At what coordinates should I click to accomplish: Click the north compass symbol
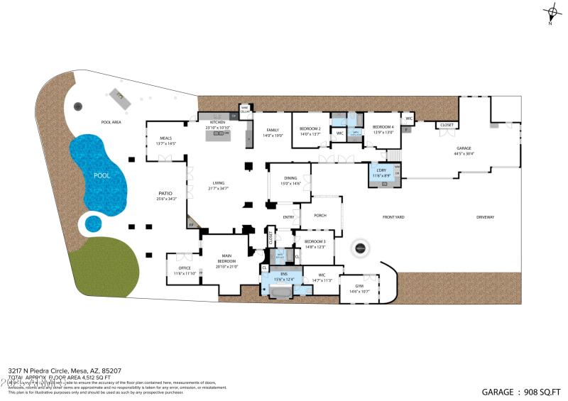click(552, 12)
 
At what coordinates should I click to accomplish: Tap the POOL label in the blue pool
click(102, 174)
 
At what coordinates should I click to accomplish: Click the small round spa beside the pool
click(93, 224)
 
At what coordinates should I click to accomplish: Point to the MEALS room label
click(165, 141)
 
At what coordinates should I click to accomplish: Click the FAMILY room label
click(273, 132)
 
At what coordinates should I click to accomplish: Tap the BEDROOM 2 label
click(310, 131)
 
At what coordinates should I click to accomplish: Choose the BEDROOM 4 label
click(383, 129)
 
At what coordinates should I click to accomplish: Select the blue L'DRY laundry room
click(381, 174)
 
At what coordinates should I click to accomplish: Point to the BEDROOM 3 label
click(315, 243)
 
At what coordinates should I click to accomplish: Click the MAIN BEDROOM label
click(226, 260)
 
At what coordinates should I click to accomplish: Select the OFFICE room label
click(184, 270)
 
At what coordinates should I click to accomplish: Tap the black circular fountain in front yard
click(360, 248)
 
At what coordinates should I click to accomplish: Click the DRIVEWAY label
click(485, 217)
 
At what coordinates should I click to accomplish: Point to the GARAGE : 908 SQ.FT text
click(521, 391)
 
